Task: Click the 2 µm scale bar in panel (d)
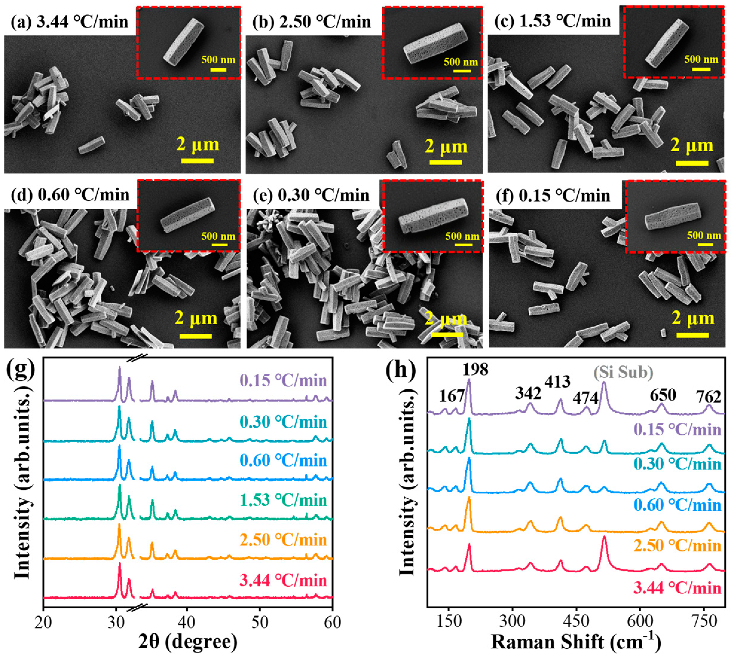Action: coord(195,336)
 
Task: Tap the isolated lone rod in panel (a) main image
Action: coord(92,145)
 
